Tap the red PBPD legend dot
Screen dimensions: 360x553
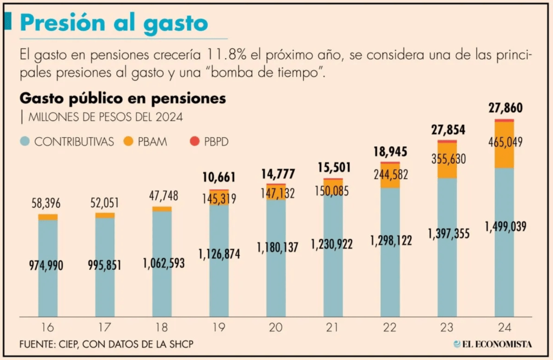(195, 141)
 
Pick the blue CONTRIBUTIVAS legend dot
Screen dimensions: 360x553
(24, 141)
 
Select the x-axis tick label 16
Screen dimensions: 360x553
(48, 327)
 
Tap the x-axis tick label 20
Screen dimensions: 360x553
(276, 327)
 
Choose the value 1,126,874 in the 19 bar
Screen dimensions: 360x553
(219, 253)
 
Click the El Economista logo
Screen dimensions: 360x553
(492, 344)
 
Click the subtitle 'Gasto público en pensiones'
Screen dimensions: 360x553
(123, 98)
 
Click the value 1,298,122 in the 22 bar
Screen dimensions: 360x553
(390, 241)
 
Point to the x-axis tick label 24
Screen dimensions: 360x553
(504, 327)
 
